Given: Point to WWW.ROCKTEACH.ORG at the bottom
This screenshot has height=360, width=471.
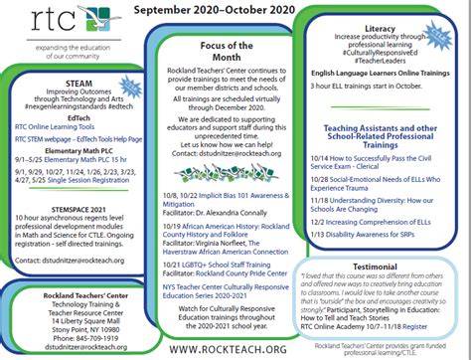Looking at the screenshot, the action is (x=235, y=350).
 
